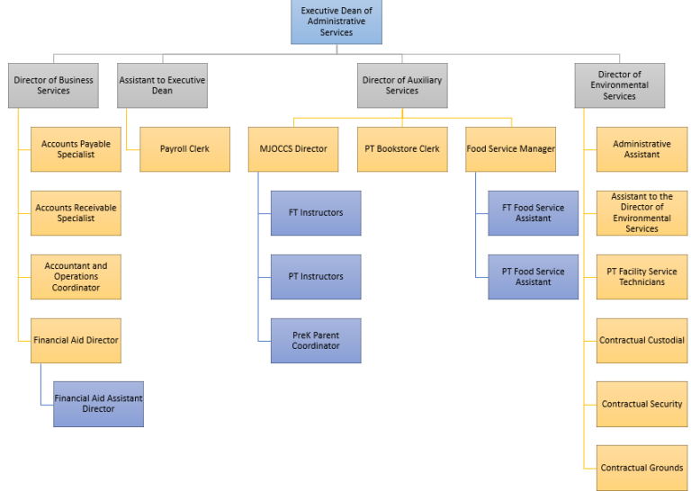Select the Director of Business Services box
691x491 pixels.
53,85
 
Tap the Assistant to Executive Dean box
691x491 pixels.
162,85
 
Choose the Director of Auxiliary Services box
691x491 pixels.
402,85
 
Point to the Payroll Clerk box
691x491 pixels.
184,149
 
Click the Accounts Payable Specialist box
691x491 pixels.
76,149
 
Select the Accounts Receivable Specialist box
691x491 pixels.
76,213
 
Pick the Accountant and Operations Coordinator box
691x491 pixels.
76,277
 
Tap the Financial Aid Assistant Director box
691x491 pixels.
98,404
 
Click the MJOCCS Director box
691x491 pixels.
293,149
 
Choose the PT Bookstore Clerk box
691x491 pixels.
402,149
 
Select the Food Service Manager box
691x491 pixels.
510,149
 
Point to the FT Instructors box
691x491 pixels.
316,213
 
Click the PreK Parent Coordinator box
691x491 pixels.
316,340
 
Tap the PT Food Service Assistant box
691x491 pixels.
533,277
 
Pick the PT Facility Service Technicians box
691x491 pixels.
642,277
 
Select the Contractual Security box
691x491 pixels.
642,404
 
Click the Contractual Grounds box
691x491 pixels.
642,468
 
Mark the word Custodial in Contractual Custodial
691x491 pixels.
665,340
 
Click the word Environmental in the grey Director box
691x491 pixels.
620,85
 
